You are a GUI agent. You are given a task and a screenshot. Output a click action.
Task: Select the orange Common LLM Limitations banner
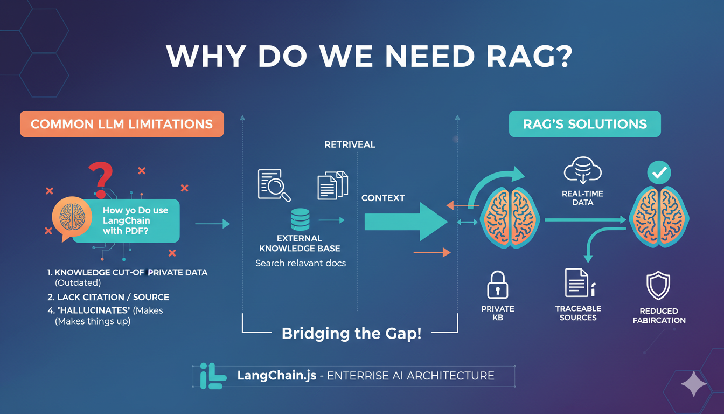[x=122, y=124]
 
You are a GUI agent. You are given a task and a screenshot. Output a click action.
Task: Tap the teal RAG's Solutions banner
[x=584, y=124]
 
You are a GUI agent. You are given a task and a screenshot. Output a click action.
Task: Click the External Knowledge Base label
[x=300, y=243]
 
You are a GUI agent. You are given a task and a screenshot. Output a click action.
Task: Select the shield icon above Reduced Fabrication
[x=658, y=286]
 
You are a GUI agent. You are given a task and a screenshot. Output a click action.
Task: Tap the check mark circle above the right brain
[x=660, y=172]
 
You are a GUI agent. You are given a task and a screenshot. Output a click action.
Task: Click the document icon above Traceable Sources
[x=576, y=282]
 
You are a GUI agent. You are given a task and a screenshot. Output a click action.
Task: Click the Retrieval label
[x=350, y=144]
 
